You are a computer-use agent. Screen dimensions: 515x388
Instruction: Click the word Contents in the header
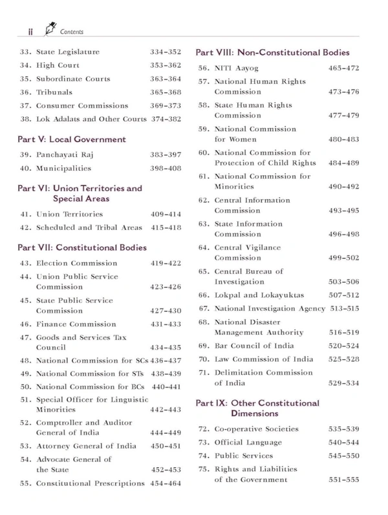(69, 30)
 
